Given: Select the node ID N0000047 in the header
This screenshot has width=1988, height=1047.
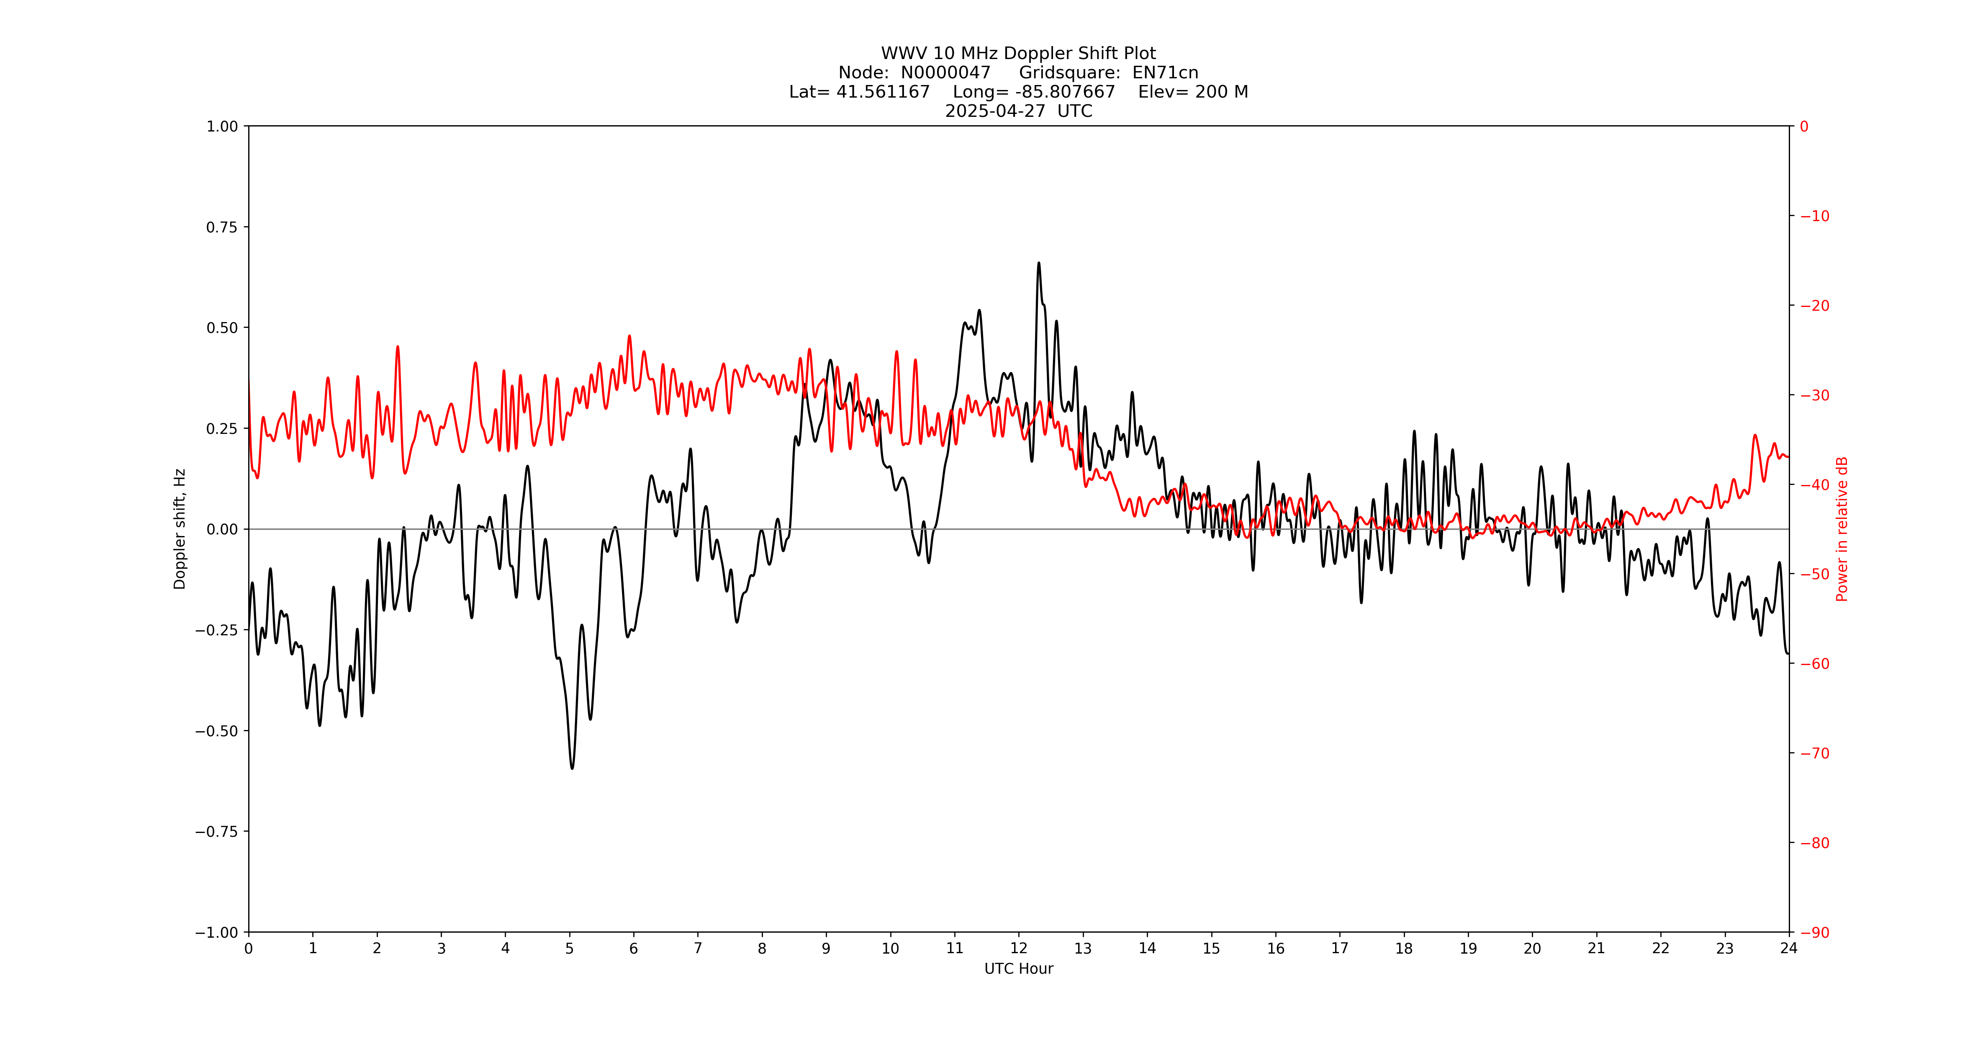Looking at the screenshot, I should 945,72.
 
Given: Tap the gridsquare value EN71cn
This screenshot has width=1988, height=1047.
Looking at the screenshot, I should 1165,72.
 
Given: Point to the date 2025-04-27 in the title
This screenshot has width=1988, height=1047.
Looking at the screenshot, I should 995,111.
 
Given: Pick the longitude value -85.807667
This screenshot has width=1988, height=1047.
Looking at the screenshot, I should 1065,92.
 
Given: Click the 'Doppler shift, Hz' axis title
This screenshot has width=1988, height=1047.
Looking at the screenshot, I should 180,529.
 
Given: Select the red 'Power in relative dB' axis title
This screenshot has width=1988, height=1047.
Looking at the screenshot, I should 1842,529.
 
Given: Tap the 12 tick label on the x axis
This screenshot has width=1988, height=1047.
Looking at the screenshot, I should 1019,948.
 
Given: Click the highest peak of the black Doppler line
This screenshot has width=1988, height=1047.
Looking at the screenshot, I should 1039,263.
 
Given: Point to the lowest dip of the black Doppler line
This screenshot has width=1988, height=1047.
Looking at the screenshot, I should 572,768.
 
